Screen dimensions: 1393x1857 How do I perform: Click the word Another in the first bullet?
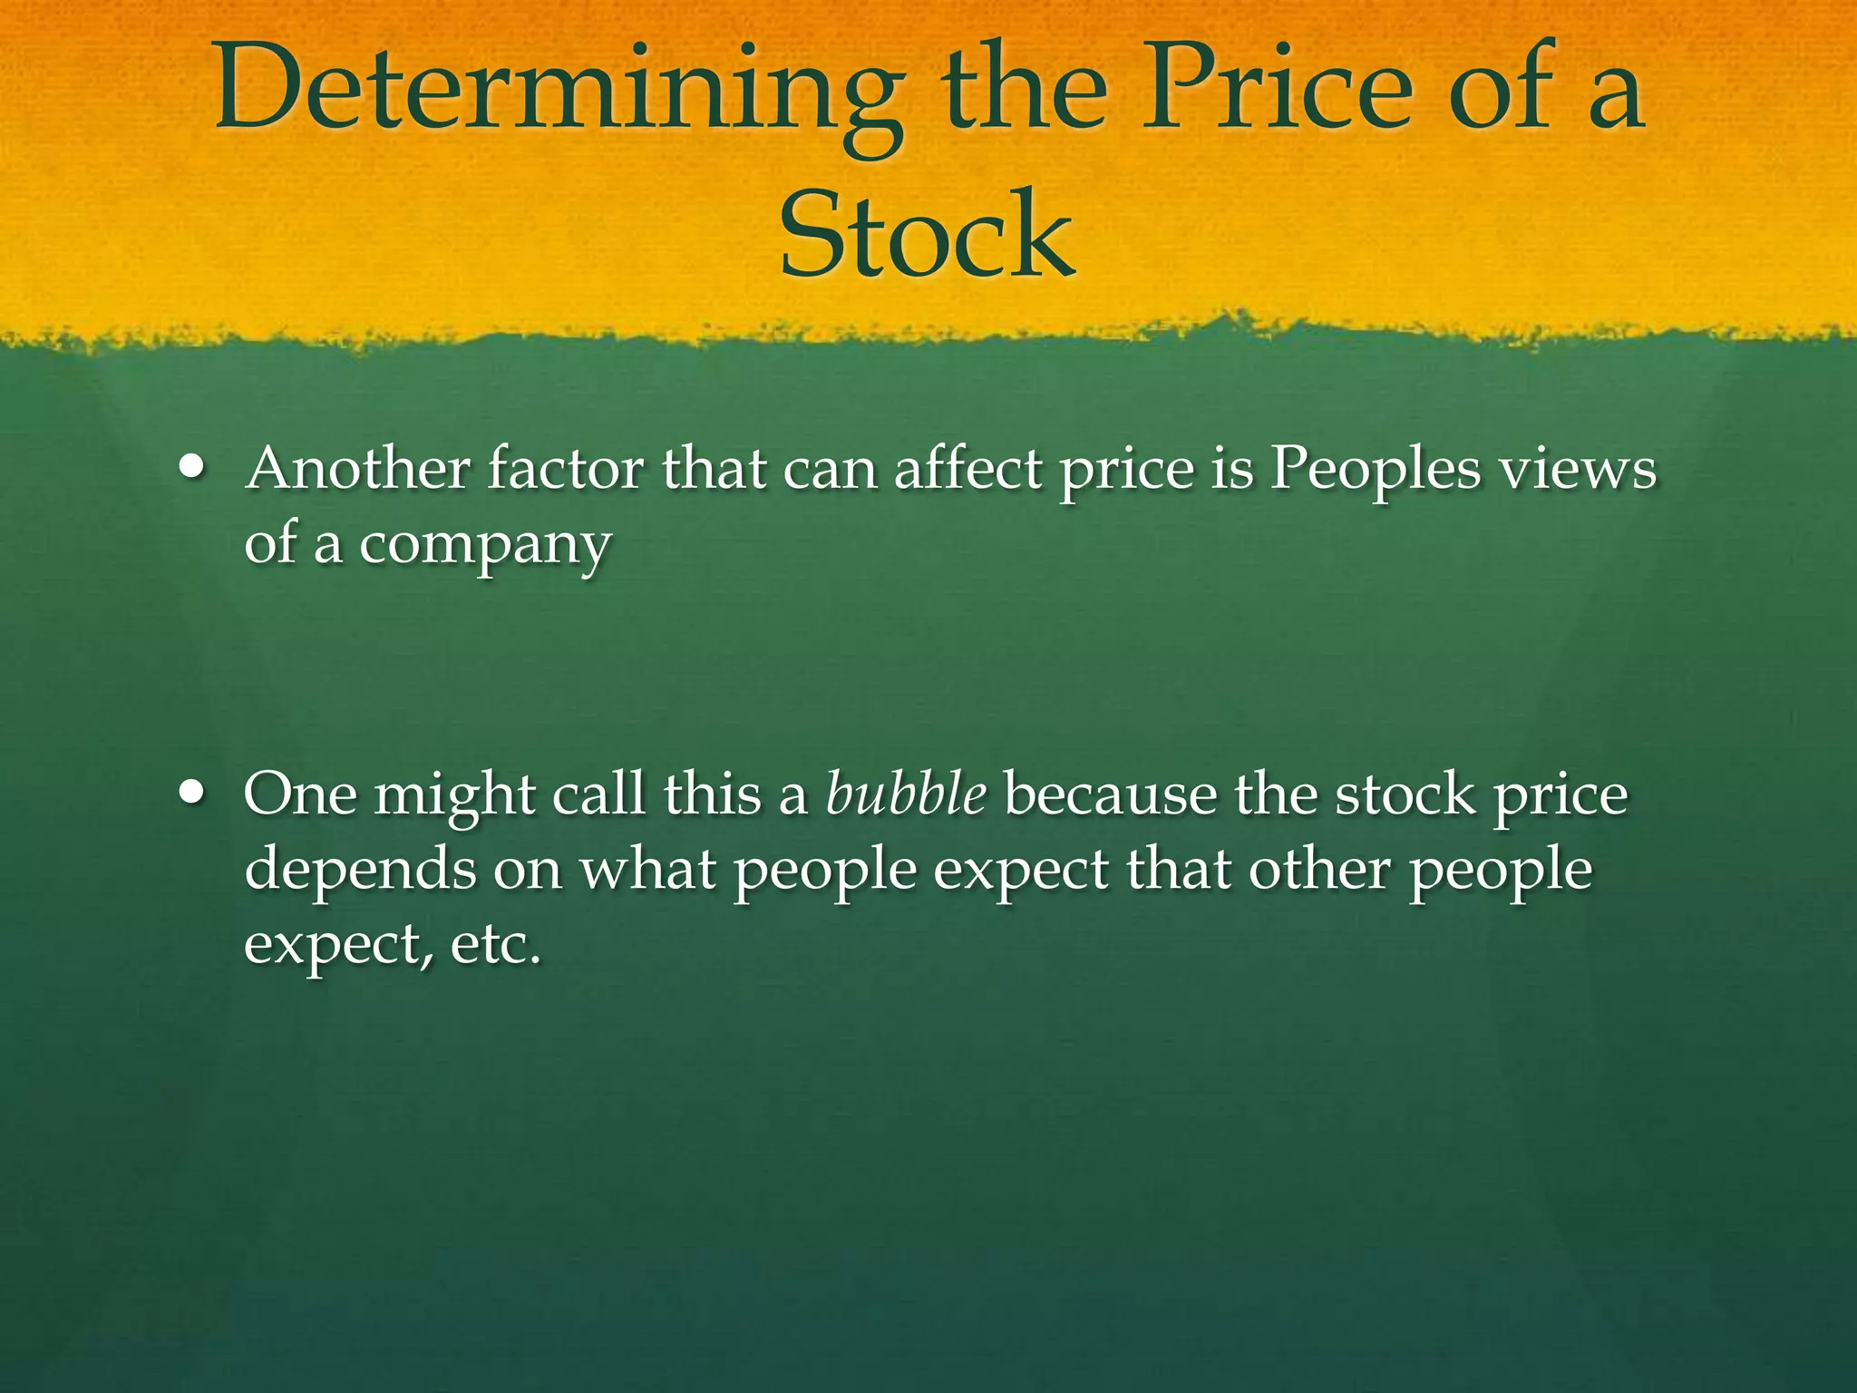358,469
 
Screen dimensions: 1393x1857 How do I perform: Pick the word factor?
566,469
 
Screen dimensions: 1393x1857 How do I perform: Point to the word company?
485,546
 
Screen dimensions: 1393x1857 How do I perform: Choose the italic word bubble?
906,794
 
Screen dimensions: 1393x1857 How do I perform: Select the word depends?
359,871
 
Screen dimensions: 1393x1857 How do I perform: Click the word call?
598,794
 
